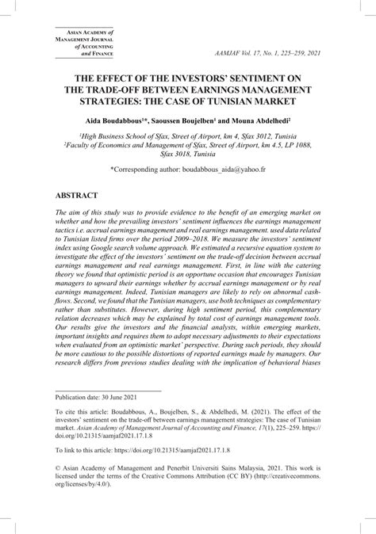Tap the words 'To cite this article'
[85, 434]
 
